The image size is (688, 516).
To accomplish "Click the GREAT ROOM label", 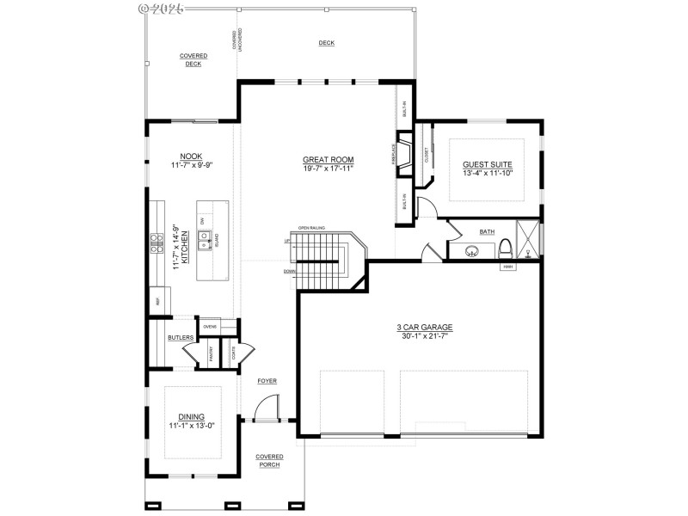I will click(x=328, y=159).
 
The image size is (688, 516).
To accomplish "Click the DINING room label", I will click(x=192, y=416).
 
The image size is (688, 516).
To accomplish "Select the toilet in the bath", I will click(x=507, y=250).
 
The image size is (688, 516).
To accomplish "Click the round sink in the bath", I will click(x=471, y=252).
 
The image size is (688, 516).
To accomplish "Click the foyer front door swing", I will click(x=267, y=408).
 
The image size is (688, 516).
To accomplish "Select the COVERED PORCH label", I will click(x=269, y=461).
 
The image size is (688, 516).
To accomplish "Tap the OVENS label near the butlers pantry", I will click(x=209, y=327).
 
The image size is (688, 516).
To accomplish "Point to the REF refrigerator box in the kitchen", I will click(x=158, y=300).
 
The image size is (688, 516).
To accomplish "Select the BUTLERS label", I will click(x=181, y=338).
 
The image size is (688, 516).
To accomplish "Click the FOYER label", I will click(x=267, y=380).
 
